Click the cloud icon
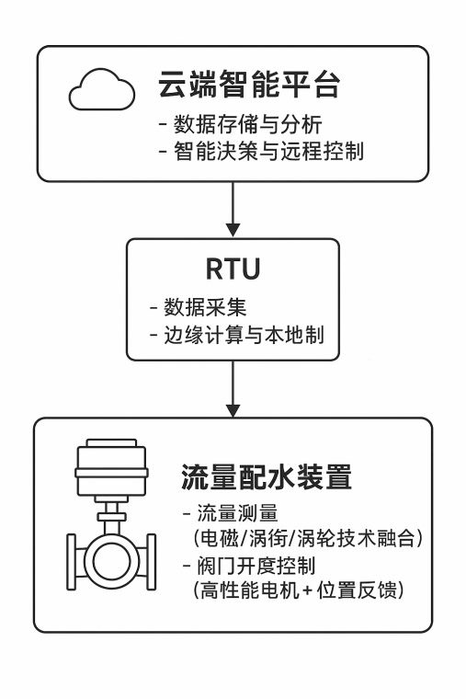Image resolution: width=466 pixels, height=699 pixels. coord(102,90)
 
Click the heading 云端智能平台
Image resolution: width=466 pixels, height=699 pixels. coord(249,85)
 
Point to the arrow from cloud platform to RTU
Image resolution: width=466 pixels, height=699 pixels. coord(233,209)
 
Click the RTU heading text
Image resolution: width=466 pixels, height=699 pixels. coord(233,269)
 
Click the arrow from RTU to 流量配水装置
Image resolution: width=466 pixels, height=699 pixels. coord(233,389)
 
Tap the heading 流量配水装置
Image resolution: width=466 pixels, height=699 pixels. coord(267,477)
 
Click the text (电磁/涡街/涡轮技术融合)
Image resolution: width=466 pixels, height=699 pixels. coord(308,539)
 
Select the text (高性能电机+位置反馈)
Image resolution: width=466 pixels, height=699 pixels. coord(299,590)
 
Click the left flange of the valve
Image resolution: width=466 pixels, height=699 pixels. coord(72,562)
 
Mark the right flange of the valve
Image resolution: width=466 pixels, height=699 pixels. coord(152,562)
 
